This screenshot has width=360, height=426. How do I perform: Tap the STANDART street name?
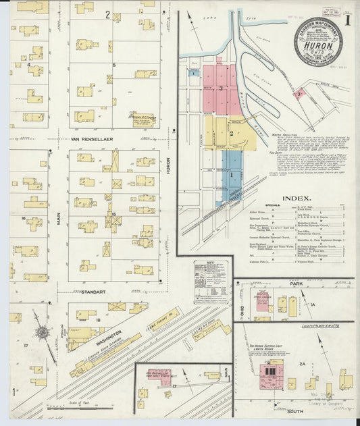[91, 292]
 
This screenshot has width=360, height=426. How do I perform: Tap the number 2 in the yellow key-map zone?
[230, 133]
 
